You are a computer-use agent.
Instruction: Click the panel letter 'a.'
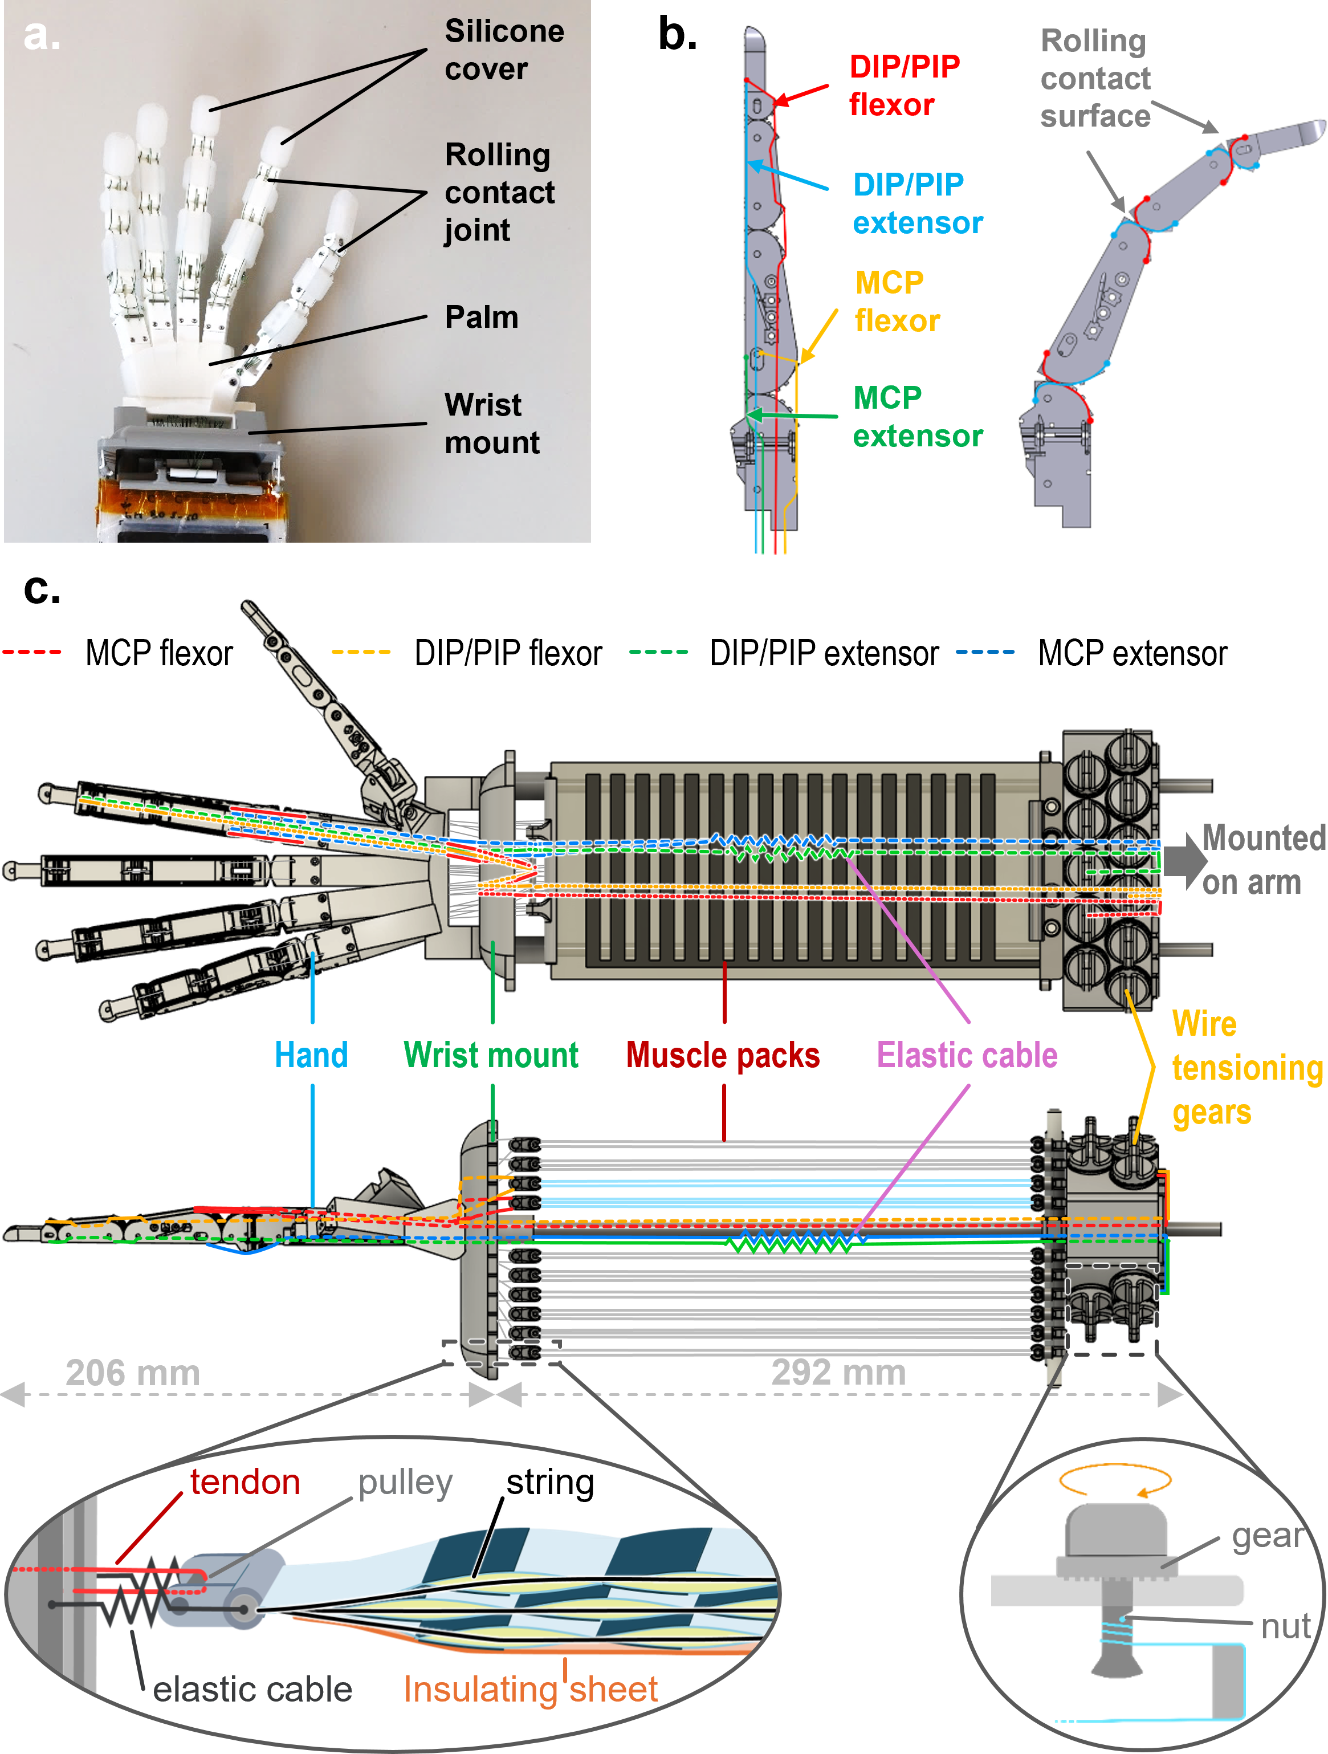(x=41, y=35)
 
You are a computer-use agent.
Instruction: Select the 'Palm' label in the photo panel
(x=481, y=317)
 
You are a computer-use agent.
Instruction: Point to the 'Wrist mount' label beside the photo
(x=491, y=424)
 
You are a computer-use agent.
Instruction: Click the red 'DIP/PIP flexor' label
(x=905, y=86)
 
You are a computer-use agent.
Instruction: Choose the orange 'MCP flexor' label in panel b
(x=897, y=302)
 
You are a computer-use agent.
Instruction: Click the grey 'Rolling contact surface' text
(x=1095, y=78)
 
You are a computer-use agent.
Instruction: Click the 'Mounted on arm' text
(x=1263, y=860)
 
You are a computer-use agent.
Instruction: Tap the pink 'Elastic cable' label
(x=967, y=1055)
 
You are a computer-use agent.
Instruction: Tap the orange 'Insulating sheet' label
(x=531, y=1689)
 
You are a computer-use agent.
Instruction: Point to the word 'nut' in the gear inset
(x=1285, y=1626)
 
